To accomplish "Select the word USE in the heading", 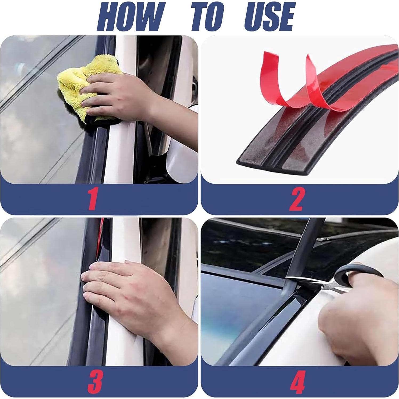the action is click(x=269, y=17).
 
